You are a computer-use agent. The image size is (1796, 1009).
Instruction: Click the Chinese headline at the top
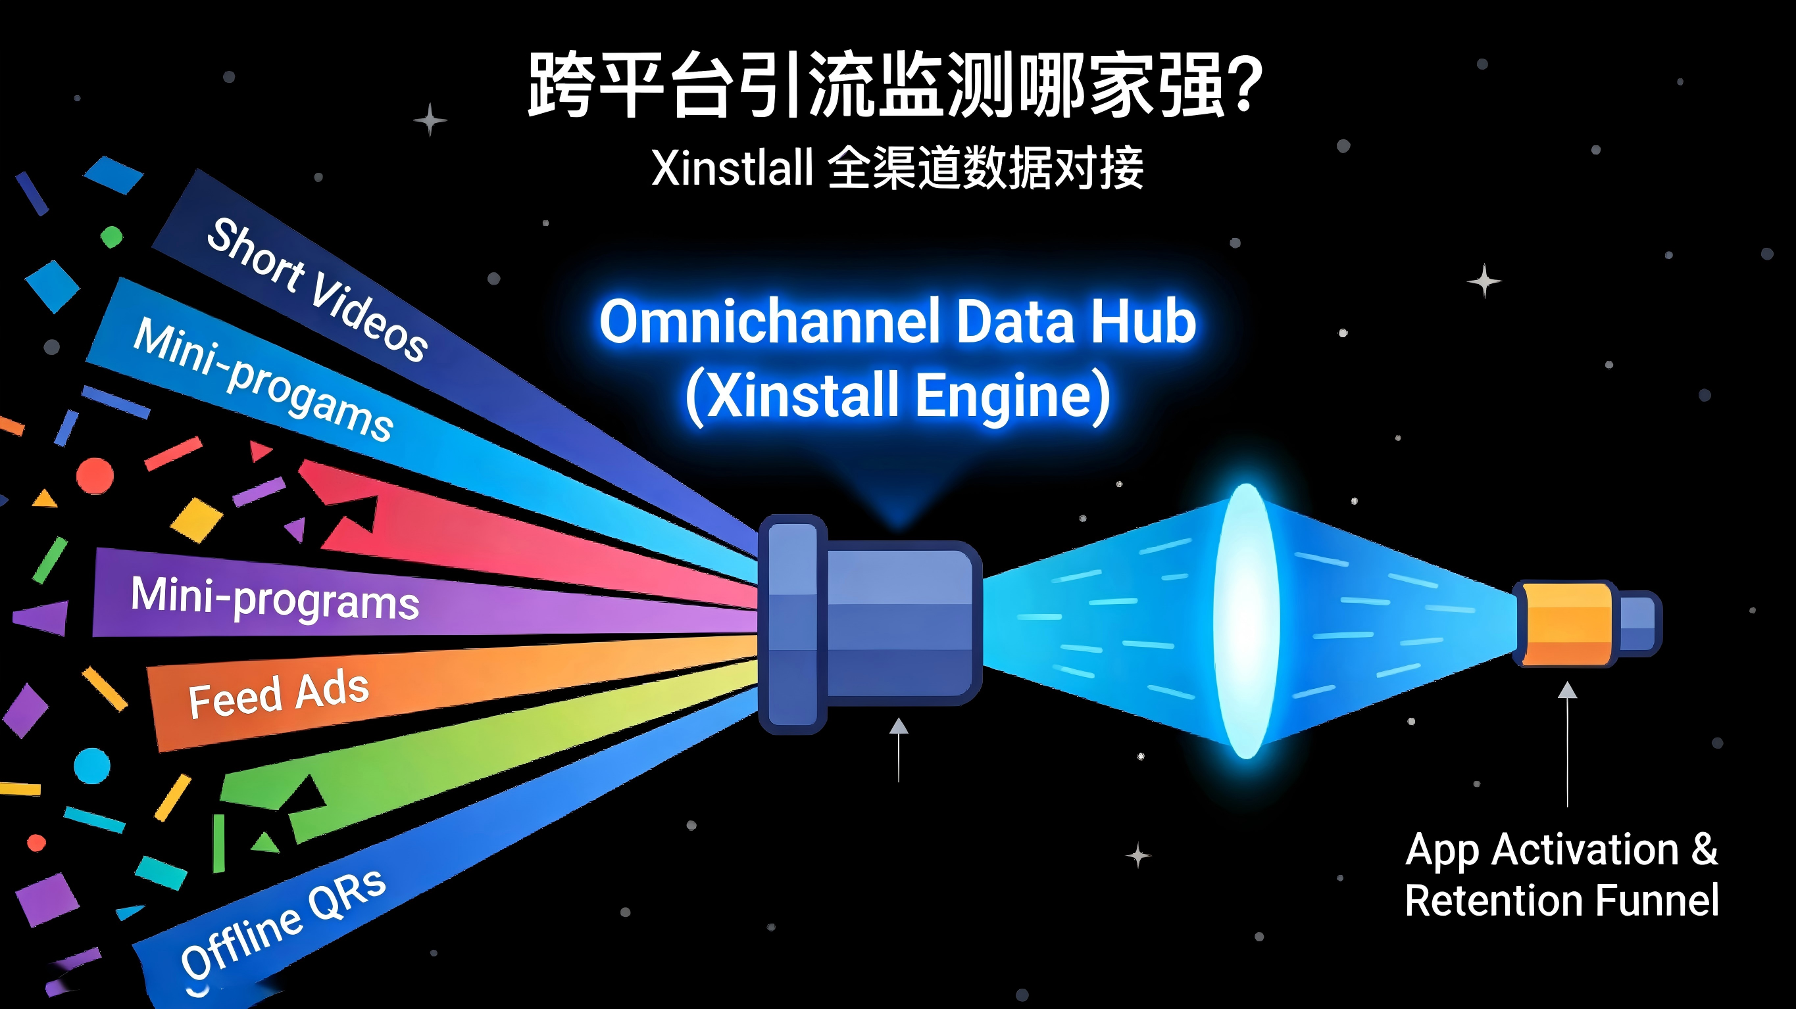pos(897,85)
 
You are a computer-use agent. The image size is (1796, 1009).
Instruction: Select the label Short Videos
pos(317,290)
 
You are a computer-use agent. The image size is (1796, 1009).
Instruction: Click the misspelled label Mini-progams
pos(264,380)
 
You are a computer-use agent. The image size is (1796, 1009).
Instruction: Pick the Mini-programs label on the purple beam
pos(275,598)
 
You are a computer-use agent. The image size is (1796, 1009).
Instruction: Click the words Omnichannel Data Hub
pos(898,321)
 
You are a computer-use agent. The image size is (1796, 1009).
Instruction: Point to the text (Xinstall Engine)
pos(898,396)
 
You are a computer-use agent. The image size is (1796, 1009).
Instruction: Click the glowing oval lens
pos(1247,620)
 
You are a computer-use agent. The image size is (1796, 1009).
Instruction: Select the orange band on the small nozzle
pos(1566,624)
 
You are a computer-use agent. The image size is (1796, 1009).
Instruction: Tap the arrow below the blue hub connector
pos(899,750)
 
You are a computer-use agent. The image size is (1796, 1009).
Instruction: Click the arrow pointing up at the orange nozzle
pos(1567,744)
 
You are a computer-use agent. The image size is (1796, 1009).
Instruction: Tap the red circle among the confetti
pos(95,476)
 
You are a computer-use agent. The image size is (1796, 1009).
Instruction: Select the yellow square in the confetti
pos(197,520)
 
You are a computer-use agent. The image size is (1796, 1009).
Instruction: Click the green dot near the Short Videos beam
pos(112,237)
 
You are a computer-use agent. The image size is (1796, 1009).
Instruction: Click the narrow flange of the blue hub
pos(793,624)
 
